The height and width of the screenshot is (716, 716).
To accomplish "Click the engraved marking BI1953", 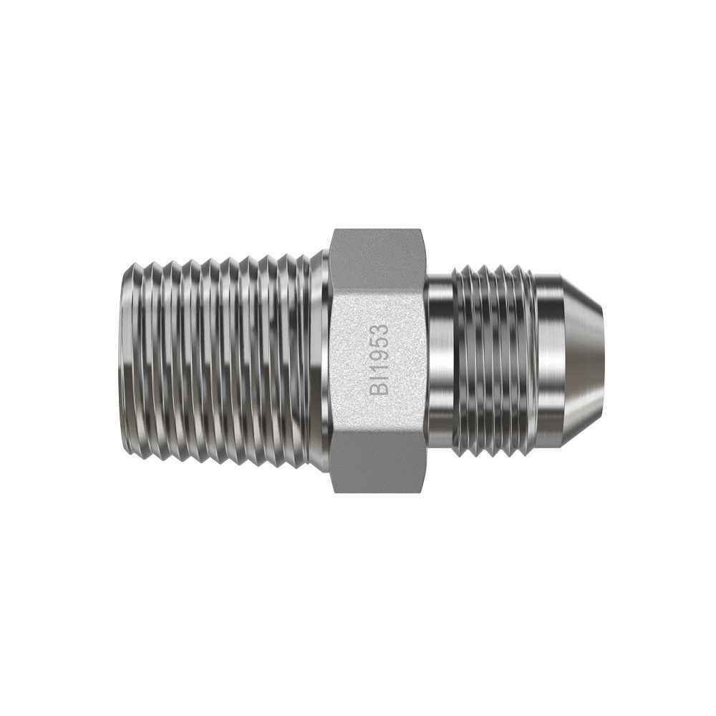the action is point(380,359).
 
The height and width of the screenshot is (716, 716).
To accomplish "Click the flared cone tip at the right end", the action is point(582,361).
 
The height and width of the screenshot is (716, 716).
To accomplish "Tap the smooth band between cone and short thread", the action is point(548,361).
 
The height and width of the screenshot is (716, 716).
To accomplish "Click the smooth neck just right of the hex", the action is point(440,361).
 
